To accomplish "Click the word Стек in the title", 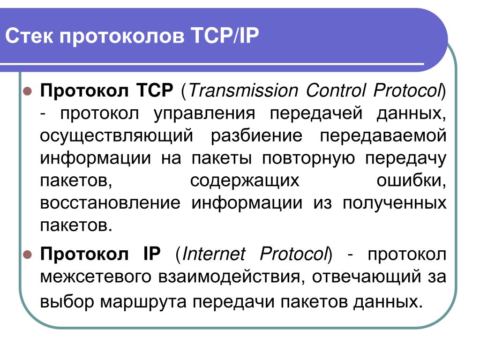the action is tap(29, 36).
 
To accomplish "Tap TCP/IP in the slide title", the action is tap(225, 36).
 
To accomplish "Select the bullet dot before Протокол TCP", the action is tap(28, 91).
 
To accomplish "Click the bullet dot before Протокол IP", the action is tap(28, 255).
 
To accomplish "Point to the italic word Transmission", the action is tap(244, 90).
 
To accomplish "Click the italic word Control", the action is tap(336, 90).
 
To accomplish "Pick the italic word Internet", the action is tap(214, 254).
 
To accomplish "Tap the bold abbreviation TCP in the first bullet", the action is tap(155, 90).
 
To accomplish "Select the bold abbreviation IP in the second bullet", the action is tap(152, 254).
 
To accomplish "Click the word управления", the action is tap(204, 114).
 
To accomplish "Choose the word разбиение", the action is tap(256, 135).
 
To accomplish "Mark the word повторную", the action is tap(308, 159).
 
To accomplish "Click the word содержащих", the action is tap(245, 181).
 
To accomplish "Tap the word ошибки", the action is tap(411, 180).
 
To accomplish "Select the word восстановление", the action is tap(110, 203).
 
